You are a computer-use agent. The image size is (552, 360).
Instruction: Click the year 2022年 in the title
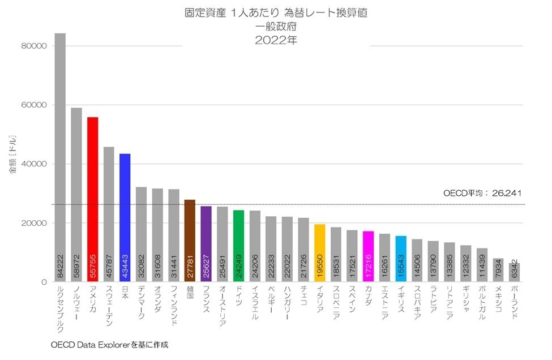click(x=276, y=40)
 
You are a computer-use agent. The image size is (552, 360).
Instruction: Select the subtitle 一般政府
click(x=276, y=26)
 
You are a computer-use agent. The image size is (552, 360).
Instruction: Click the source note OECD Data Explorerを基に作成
click(x=109, y=344)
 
